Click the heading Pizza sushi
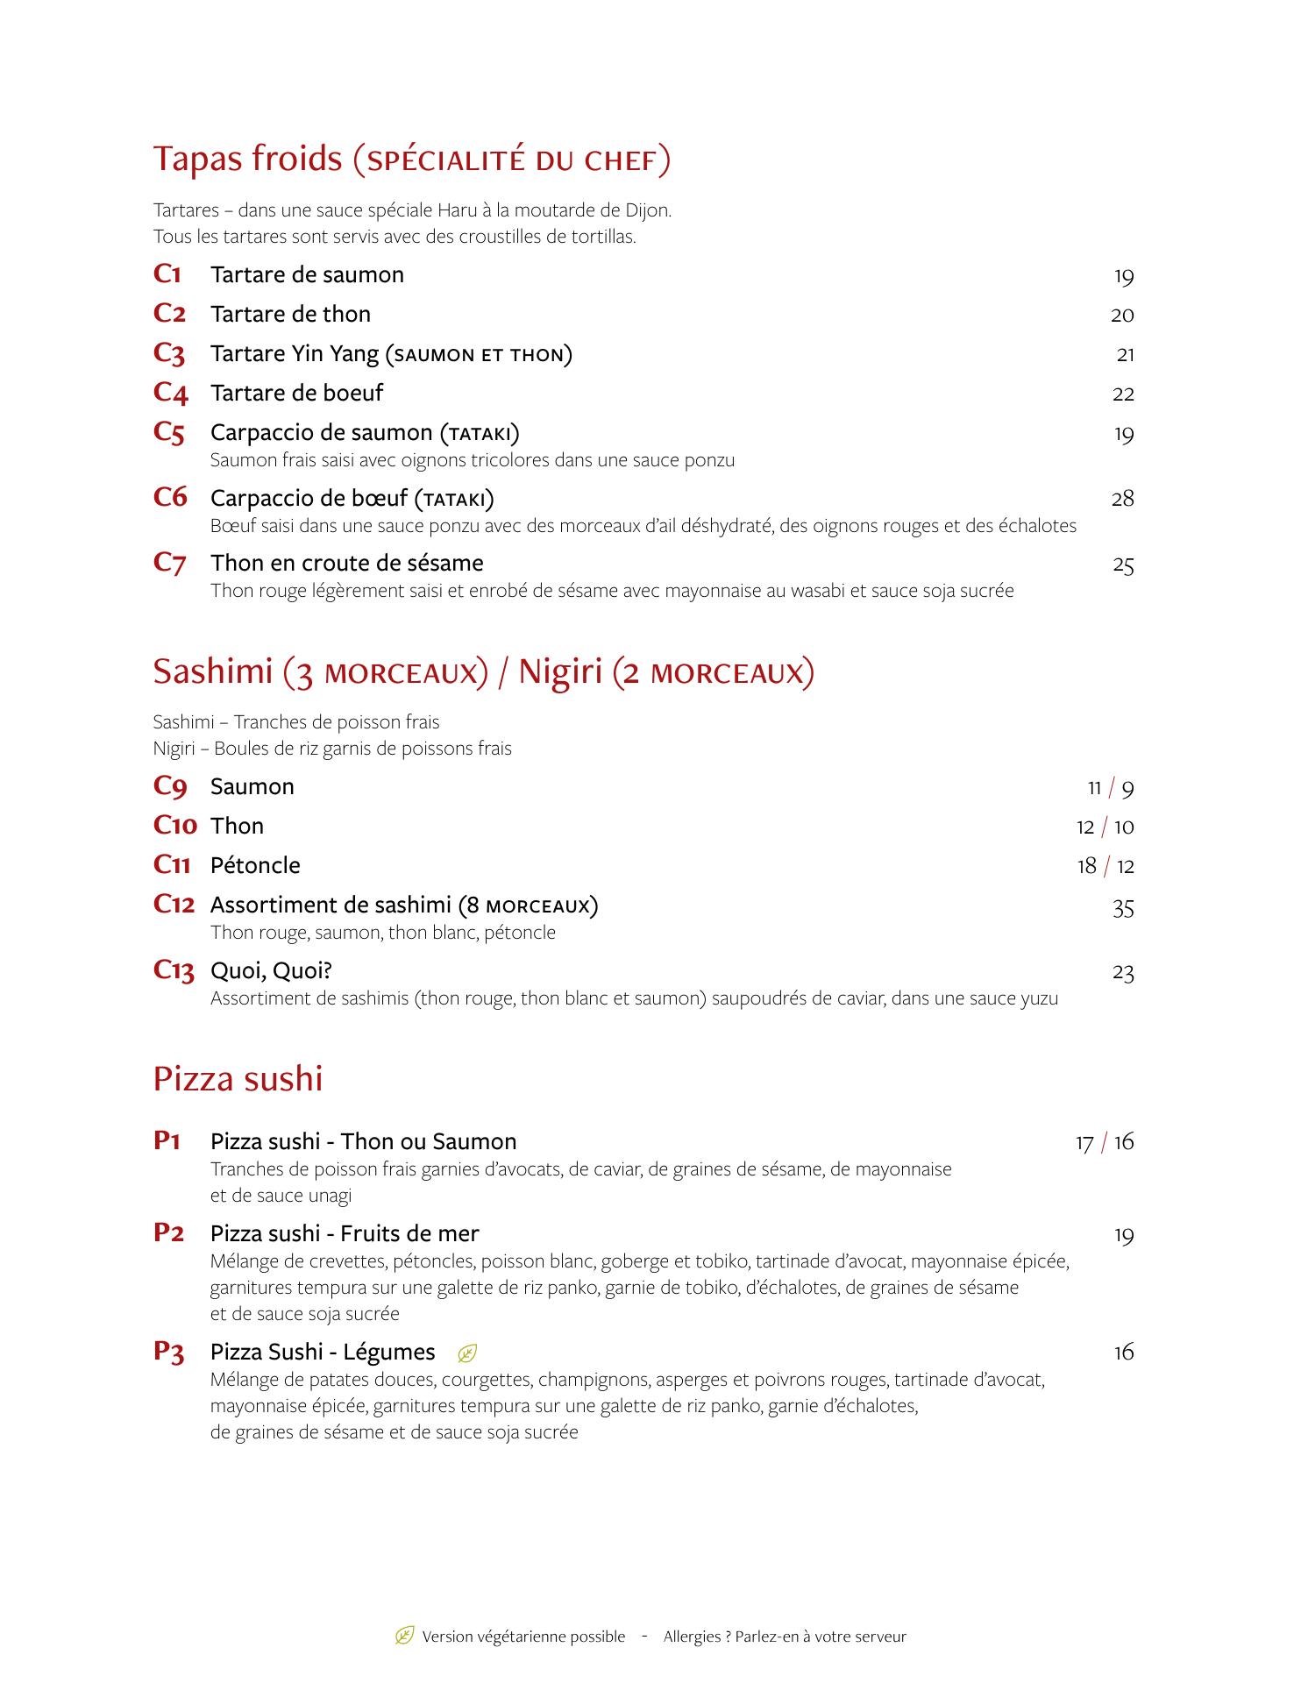238,1078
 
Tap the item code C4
170,393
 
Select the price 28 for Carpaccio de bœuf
1122,499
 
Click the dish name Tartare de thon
290,314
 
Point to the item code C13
173,970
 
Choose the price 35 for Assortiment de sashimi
1123,908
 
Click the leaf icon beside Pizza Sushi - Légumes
467,1353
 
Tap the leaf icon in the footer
404,1636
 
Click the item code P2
168,1232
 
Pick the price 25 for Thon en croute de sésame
1123,565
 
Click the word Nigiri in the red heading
560,671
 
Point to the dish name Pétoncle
255,865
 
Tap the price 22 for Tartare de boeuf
1123,394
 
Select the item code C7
170,563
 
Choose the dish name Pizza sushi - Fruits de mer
345,1233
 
